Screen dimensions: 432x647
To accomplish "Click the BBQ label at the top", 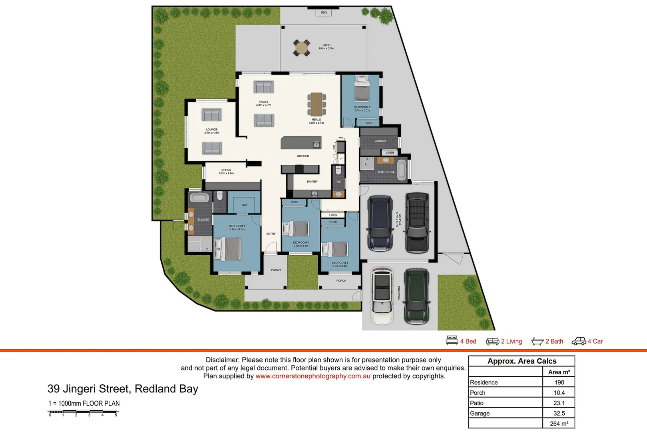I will click(x=324, y=12).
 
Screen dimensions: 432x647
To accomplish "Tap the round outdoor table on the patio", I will click(x=301, y=48).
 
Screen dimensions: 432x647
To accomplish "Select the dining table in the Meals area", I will click(x=317, y=104).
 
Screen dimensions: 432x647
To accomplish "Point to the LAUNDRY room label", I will click(x=380, y=141).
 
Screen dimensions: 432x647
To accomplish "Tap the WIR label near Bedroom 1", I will click(x=244, y=205).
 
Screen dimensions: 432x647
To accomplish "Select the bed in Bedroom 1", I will click(x=228, y=249).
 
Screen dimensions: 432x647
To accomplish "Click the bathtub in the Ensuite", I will click(x=199, y=198).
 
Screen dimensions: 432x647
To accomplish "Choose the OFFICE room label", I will click(x=226, y=170).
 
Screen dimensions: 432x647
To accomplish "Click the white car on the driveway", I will click(x=382, y=295).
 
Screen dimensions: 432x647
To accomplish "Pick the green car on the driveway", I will click(x=416, y=295).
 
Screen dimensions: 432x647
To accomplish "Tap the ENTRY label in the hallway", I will click(x=271, y=234).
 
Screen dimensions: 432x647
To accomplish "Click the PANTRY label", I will click(x=313, y=182).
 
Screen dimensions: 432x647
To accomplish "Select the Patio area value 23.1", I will click(x=559, y=403).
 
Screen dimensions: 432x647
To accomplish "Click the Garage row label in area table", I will click(x=480, y=414).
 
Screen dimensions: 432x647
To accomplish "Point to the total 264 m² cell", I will click(x=559, y=424).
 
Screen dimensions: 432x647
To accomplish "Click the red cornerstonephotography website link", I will click(x=313, y=376).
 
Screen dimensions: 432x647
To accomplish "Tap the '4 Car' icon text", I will click(x=595, y=341).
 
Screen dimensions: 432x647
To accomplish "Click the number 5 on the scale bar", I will click(x=116, y=415).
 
